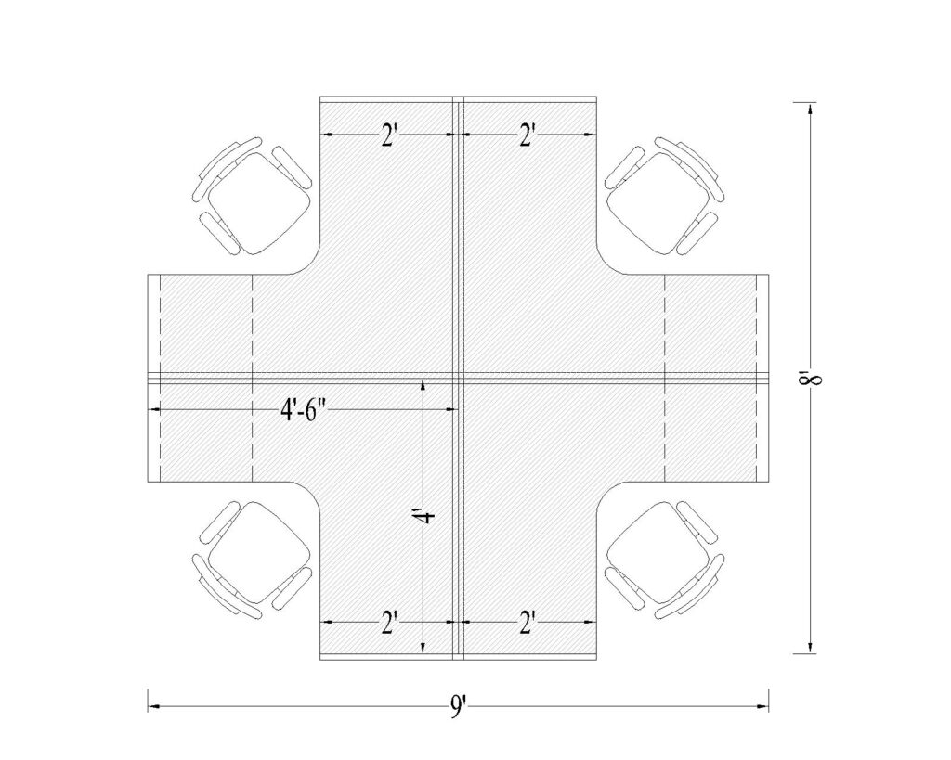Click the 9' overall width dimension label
[458, 709]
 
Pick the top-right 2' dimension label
[528, 136]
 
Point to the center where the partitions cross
[458, 377]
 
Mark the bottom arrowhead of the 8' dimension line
[811, 649]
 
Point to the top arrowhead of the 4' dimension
[423, 382]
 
